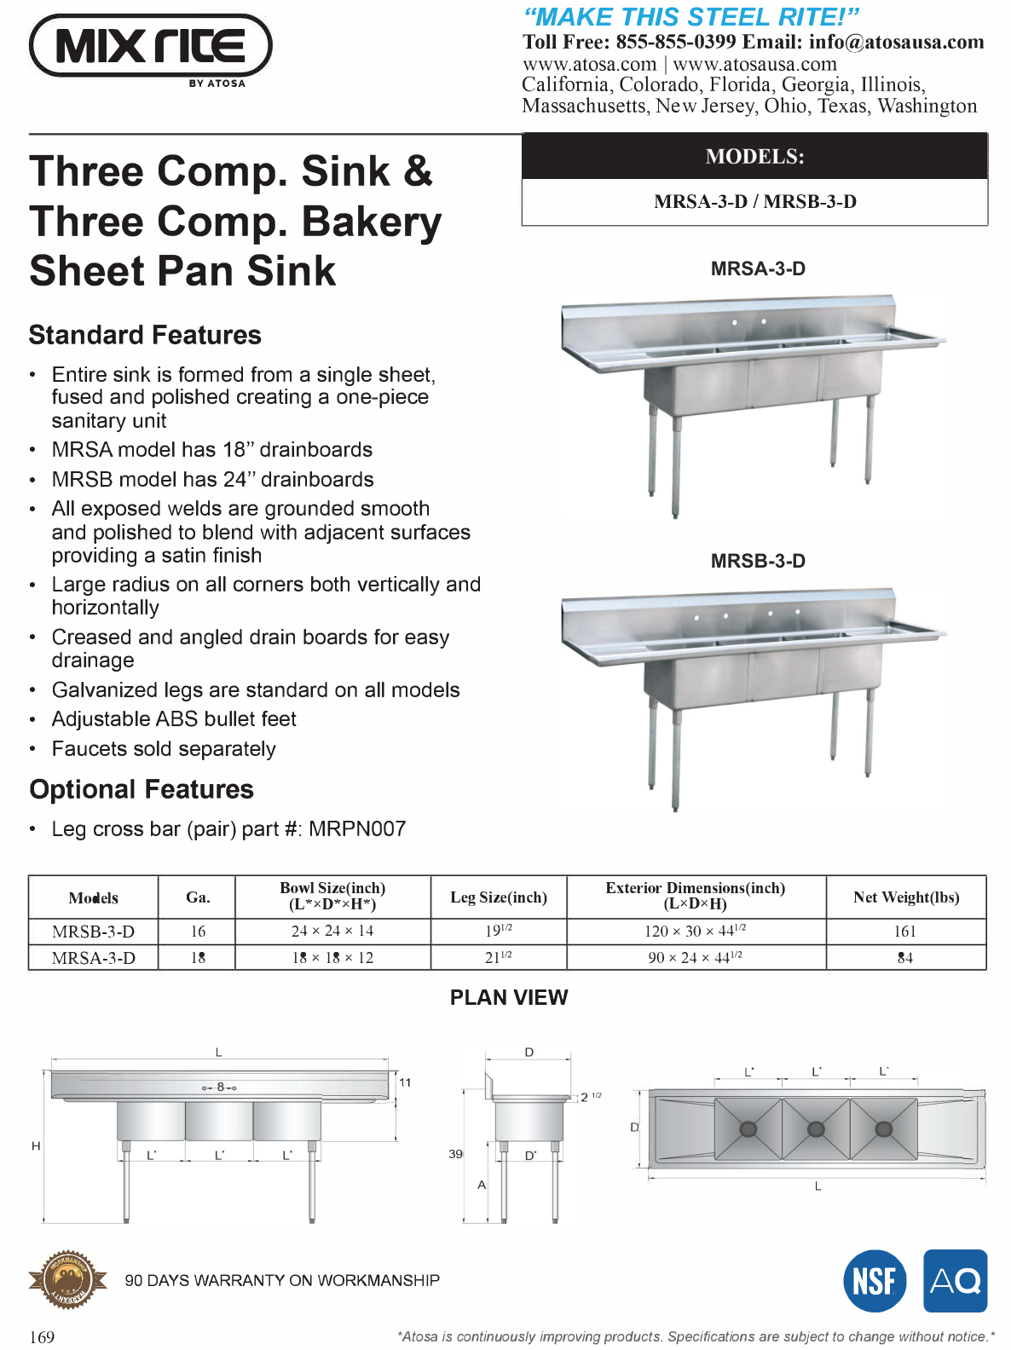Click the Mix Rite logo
tap(151, 47)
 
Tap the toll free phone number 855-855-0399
tap(675, 42)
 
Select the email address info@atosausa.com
tap(896, 42)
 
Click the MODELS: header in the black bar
tap(754, 157)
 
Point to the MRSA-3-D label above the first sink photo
tap(758, 268)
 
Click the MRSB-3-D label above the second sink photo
tap(758, 561)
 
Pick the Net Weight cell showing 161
tap(905, 932)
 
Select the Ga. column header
tap(198, 897)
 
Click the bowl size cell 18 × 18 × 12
tap(332, 958)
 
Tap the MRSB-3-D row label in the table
tap(93, 932)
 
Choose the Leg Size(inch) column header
tap(499, 897)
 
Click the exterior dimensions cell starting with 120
tap(695, 931)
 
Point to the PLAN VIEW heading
tap(509, 997)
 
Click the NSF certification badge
tap(875, 1280)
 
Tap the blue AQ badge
tap(955, 1280)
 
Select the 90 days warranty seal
tap(68, 1279)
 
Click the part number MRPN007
tap(357, 828)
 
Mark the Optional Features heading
tap(142, 789)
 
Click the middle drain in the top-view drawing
tap(816, 1128)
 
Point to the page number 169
tap(42, 1336)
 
